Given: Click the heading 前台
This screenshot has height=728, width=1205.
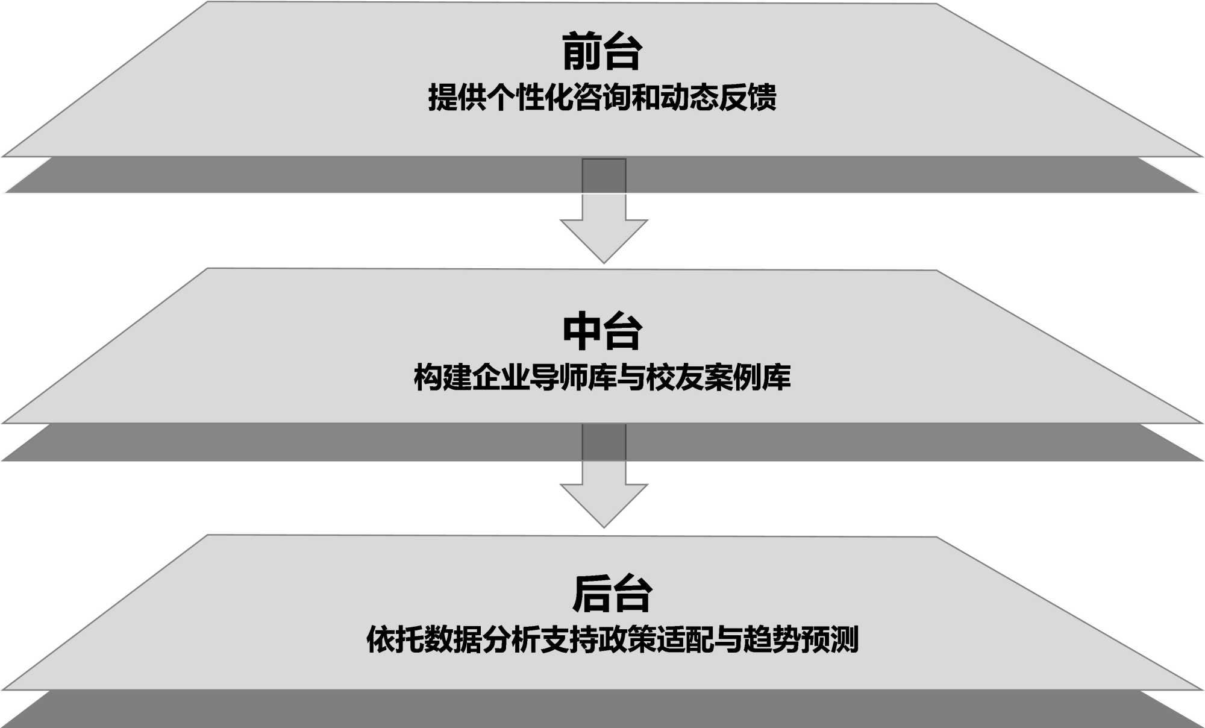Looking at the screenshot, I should [x=602, y=52].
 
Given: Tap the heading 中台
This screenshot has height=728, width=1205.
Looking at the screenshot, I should [x=602, y=331].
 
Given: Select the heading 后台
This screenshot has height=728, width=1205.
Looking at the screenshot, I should [x=612, y=594].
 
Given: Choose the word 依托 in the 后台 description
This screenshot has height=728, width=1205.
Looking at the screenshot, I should [x=395, y=639].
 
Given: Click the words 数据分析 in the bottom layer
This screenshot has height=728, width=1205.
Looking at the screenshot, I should [x=481, y=639].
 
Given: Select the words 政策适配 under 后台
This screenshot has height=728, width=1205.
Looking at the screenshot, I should [x=656, y=639].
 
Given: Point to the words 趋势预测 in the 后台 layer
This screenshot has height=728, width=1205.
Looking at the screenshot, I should [x=801, y=639].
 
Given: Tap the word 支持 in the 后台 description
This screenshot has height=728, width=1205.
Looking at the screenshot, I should [x=569, y=639].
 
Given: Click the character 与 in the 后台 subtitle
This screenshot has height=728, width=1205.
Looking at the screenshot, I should [x=728, y=639].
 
